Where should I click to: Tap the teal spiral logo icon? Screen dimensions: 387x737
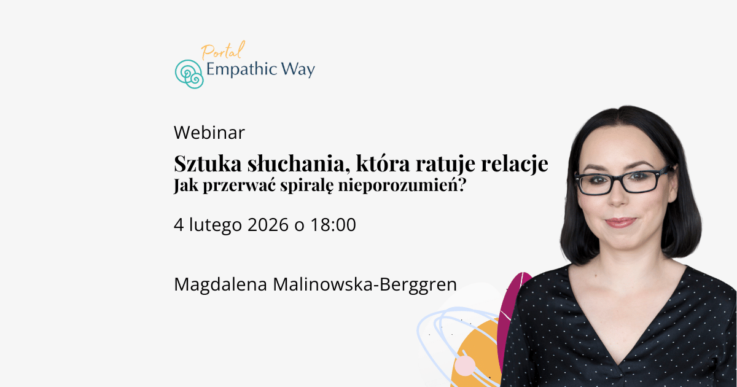coord(189,74)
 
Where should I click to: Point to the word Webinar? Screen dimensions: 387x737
coord(209,132)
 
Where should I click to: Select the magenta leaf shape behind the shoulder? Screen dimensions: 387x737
coord(513,307)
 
